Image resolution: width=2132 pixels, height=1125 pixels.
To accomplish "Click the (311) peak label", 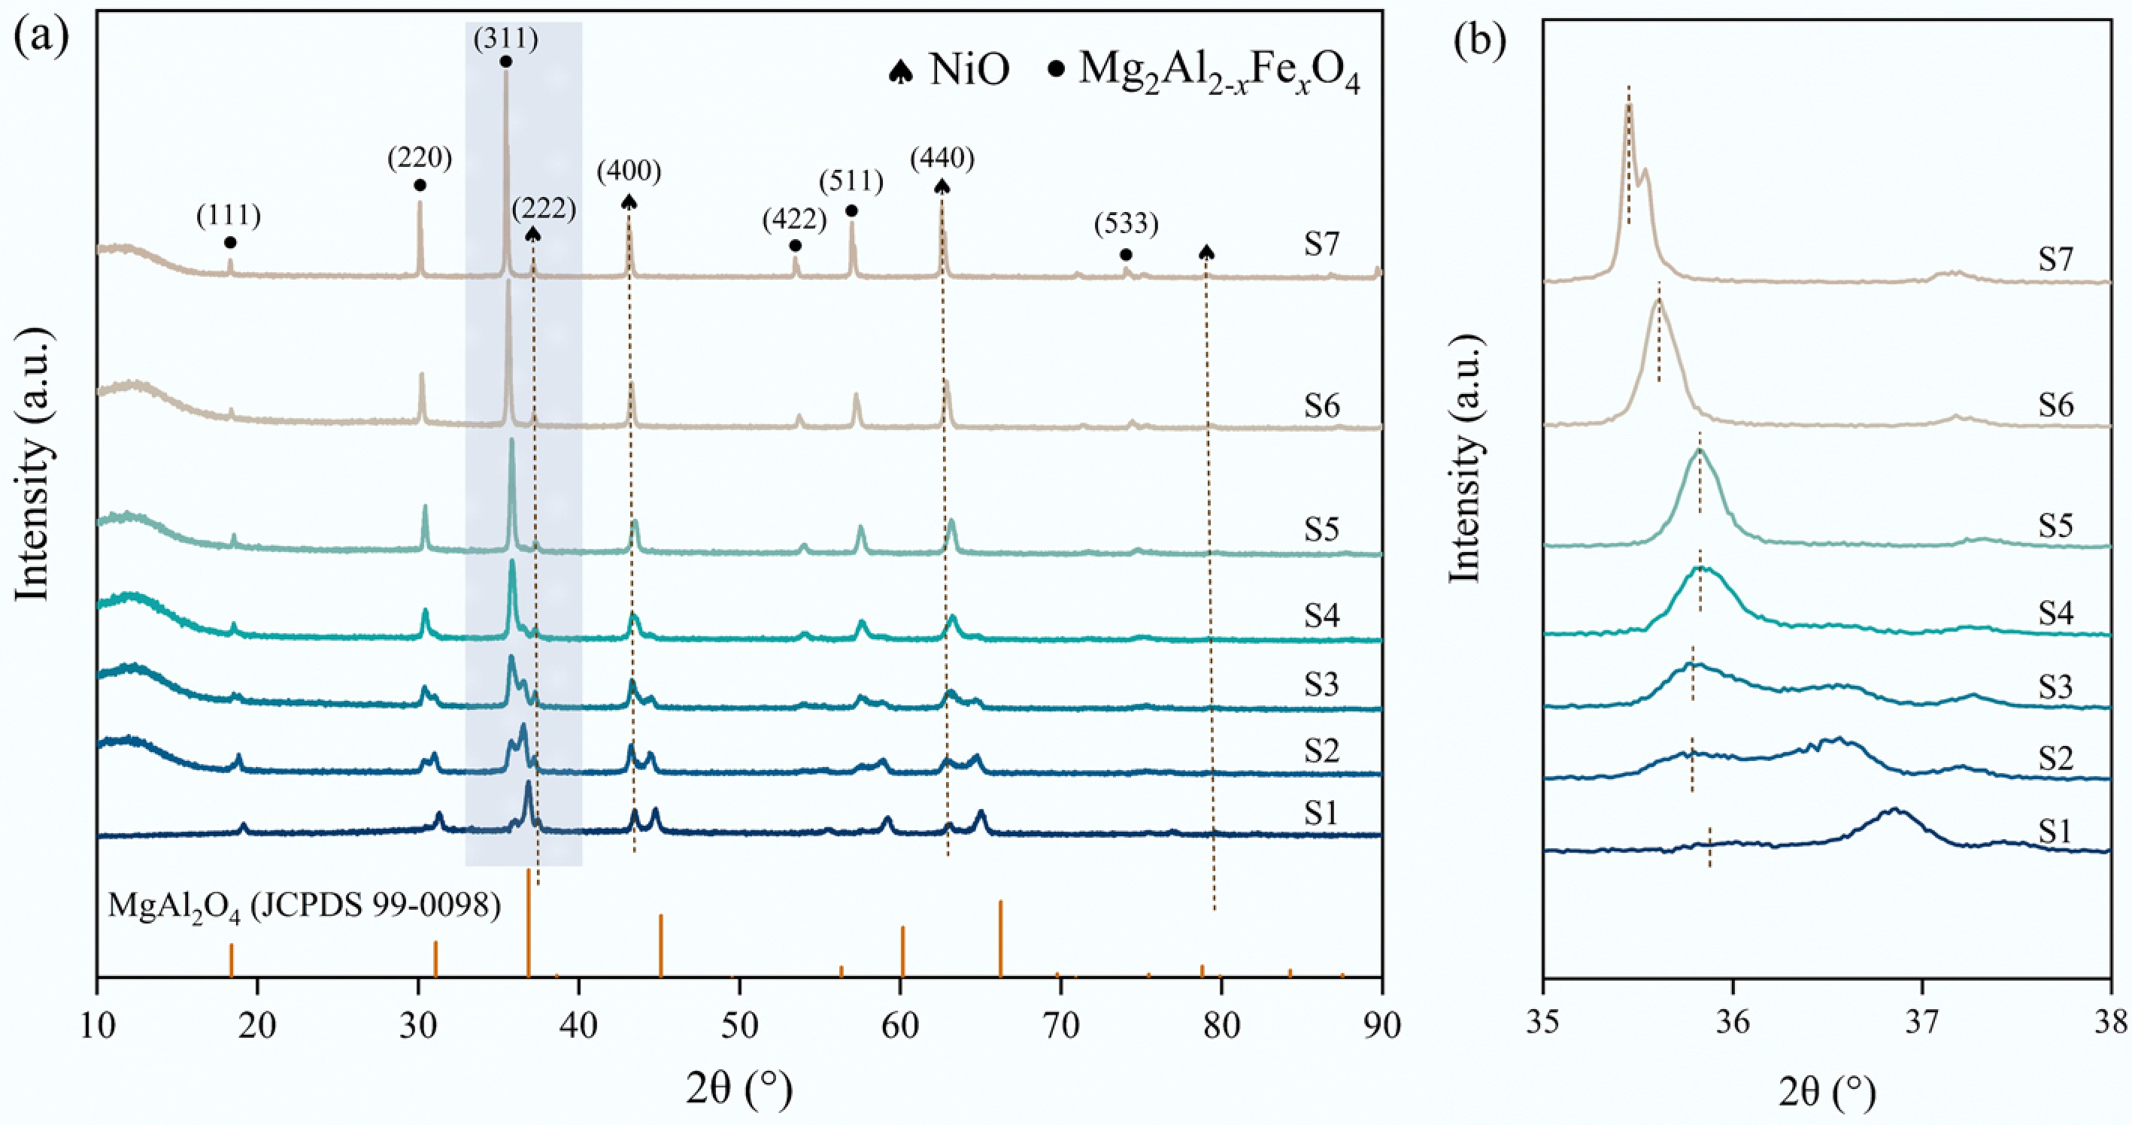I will click(505, 38).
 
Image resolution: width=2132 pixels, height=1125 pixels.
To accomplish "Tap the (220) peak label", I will click(420, 157).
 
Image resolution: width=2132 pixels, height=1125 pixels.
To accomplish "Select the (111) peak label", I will click(229, 215).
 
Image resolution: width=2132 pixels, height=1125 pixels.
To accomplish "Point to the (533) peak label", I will click(1126, 223).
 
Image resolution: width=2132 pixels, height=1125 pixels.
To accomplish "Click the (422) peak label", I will click(795, 219).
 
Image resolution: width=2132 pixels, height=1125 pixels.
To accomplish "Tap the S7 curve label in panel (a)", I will click(1322, 244).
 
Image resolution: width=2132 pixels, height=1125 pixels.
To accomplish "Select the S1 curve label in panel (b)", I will click(2055, 830).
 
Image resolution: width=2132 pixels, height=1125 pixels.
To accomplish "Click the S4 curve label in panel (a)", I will click(1322, 615).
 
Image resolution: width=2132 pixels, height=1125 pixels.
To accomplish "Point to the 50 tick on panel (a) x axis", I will click(739, 1025).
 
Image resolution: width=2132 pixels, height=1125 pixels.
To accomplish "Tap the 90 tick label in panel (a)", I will click(1381, 1025).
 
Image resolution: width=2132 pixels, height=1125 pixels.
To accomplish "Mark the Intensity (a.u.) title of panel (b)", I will click(1465, 459).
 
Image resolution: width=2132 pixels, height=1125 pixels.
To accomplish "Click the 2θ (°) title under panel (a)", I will click(739, 1090).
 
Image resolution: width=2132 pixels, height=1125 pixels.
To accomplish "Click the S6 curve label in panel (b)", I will click(2055, 405).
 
